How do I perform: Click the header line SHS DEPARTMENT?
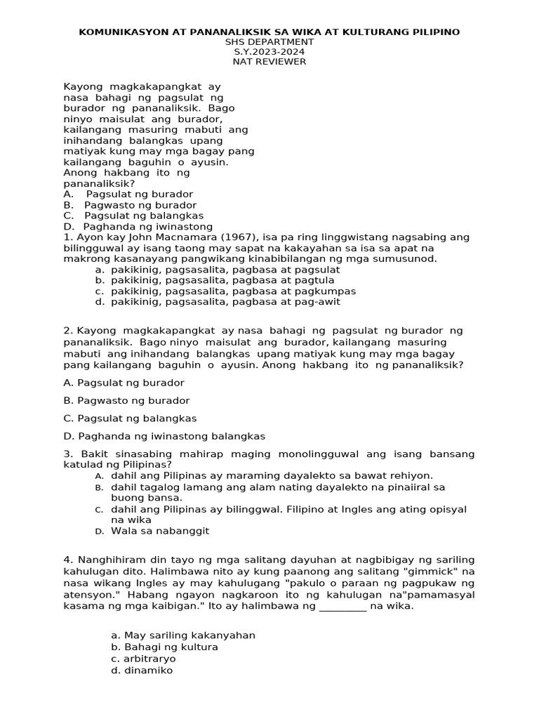point(269,42)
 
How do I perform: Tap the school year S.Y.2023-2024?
point(269,52)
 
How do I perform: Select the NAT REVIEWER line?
point(269,62)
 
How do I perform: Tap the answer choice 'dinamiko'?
point(142,671)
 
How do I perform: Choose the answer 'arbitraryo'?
point(143,659)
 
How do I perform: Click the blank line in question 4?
point(342,607)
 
